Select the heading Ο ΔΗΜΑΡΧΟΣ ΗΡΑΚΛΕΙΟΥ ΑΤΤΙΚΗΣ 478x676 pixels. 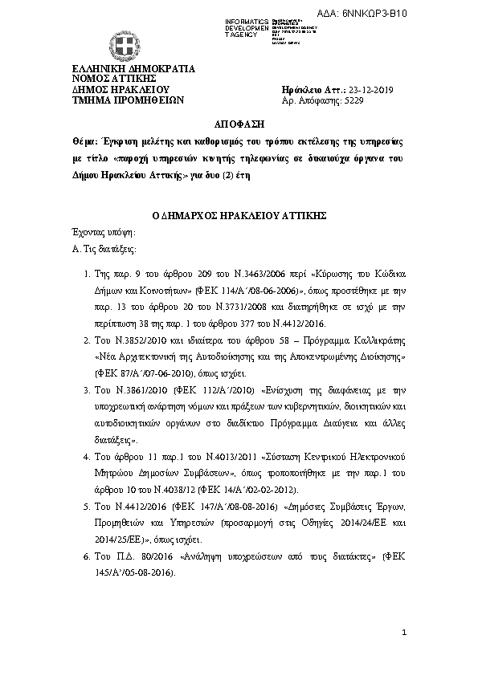[238, 214]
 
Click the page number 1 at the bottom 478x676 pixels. [405, 634]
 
